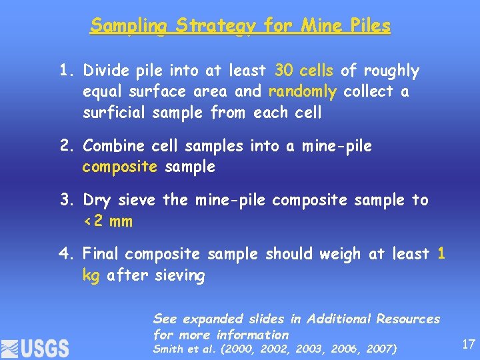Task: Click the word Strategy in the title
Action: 216,26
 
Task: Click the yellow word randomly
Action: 303,91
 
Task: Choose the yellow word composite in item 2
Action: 120,167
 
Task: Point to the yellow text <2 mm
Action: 107,221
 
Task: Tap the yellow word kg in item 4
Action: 91,275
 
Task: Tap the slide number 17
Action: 468,344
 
